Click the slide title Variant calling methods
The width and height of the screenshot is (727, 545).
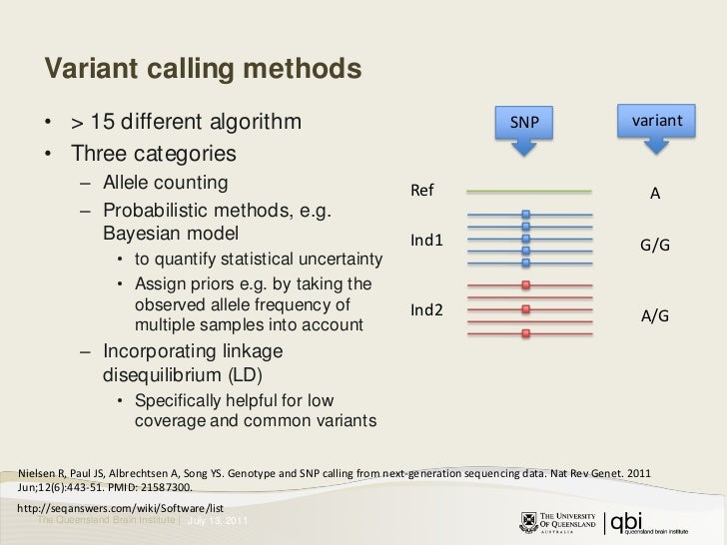[201, 69]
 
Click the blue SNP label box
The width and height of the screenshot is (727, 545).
[524, 121]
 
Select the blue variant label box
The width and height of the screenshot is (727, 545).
[655, 121]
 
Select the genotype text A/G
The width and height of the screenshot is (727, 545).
[654, 315]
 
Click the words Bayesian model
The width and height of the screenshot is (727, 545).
[171, 236]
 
